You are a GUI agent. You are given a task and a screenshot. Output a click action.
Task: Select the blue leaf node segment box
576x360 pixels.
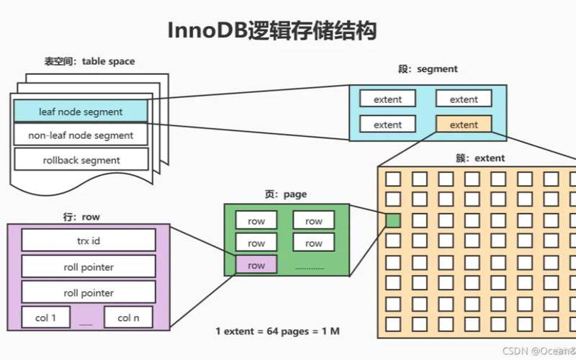pyautogui.click(x=81, y=112)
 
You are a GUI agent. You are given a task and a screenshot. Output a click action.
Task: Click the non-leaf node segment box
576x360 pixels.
pyautogui.click(x=81, y=135)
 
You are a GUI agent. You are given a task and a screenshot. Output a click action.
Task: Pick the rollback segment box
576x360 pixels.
pyautogui.click(x=81, y=160)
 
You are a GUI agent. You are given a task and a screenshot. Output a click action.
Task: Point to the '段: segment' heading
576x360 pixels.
pyautogui.click(x=428, y=69)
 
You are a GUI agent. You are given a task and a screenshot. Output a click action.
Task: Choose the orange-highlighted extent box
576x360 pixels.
pyautogui.click(x=464, y=125)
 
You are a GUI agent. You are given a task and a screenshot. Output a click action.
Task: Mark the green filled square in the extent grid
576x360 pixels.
pyautogui.click(x=393, y=220)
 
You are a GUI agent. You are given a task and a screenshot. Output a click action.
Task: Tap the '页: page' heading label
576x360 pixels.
pyautogui.click(x=286, y=194)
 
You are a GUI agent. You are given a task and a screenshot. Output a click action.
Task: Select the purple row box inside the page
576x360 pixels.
pyautogui.click(x=256, y=266)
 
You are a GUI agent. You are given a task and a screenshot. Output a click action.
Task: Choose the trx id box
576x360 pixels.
pyautogui.click(x=89, y=240)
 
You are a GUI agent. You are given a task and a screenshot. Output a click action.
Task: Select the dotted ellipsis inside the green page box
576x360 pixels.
pyautogui.click(x=310, y=268)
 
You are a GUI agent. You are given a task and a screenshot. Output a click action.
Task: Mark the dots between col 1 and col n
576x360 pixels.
pyautogui.click(x=86, y=324)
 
